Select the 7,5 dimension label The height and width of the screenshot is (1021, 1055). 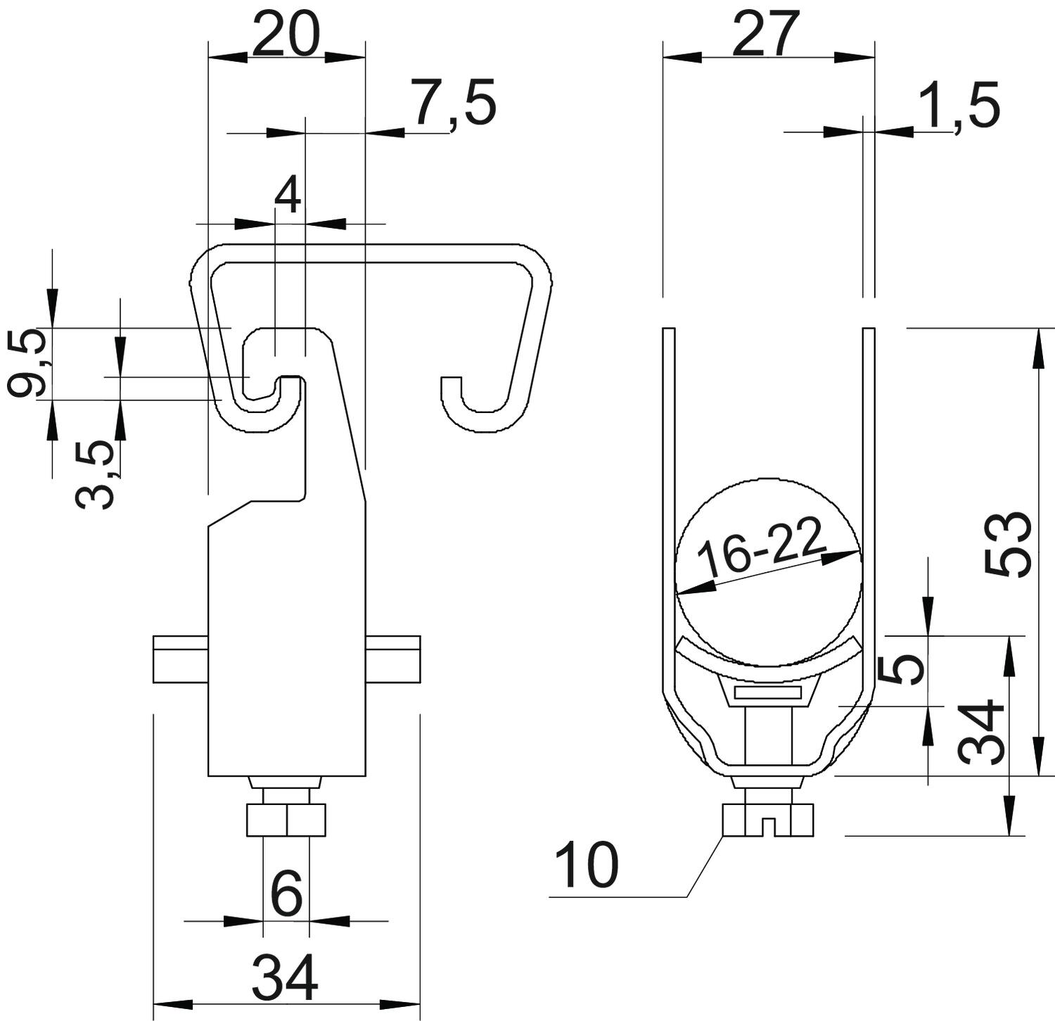[454, 103]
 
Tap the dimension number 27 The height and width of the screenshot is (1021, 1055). [767, 34]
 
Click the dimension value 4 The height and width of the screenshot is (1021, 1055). [288, 196]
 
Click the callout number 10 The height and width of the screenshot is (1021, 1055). [586, 865]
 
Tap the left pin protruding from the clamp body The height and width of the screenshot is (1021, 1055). [180, 659]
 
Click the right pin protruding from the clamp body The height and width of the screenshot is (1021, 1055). [394, 659]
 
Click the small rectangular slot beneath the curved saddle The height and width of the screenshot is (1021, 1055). [768, 693]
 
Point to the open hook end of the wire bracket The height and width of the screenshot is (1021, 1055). [452, 394]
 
